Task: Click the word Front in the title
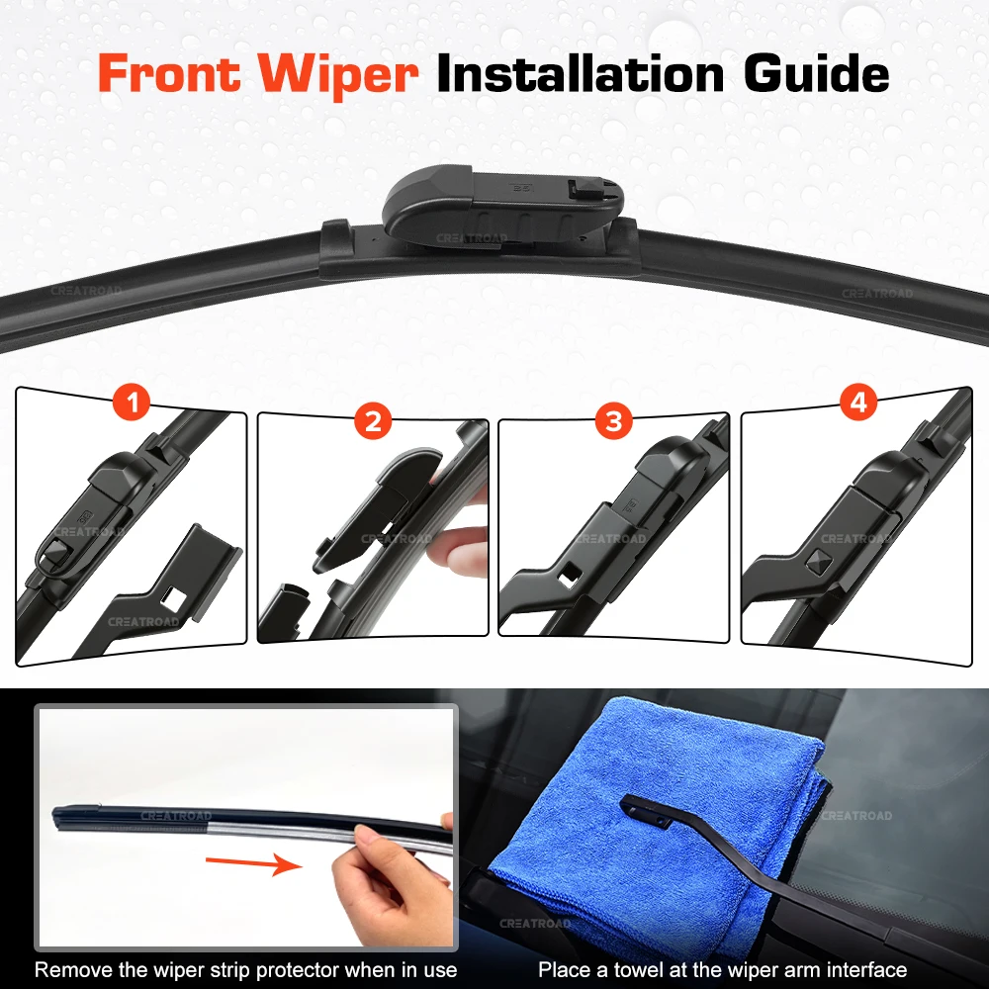tap(170, 73)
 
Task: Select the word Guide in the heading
tap(816, 73)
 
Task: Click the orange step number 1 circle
tap(132, 403)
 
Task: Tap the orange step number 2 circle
tap(374, 420)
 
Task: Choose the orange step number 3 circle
tap(614, 420)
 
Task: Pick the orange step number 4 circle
tap(858, 403)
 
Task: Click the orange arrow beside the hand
tap(254, 862)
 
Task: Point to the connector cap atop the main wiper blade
tap(503, 203)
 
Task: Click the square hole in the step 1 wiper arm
tap(172, 597)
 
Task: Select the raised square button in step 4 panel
tap(819, 561)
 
